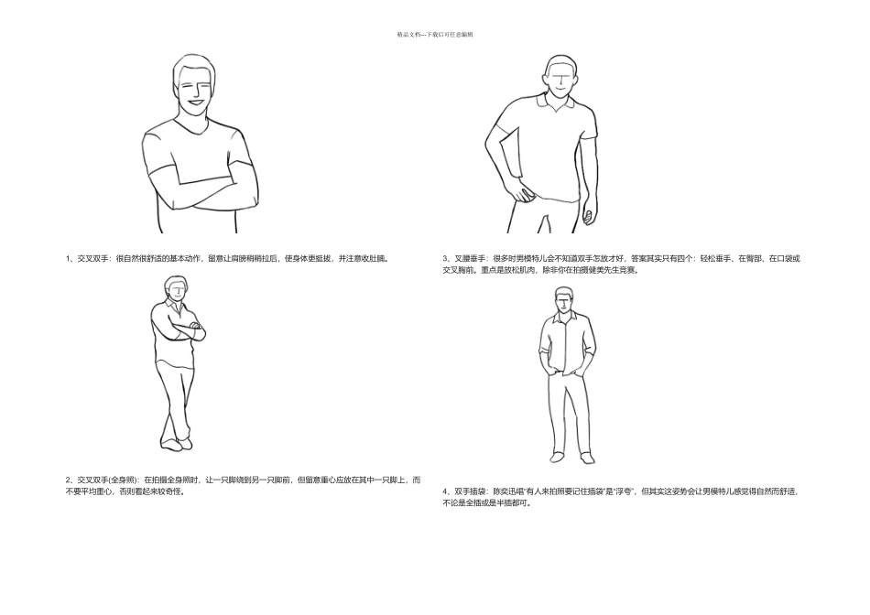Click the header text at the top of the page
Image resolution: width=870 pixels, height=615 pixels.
coord(435,35)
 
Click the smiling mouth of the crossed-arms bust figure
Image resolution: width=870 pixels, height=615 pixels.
coord(195,102)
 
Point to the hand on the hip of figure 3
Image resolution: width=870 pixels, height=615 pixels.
coord(524,194)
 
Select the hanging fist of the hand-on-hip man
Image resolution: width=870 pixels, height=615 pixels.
coord(588,216)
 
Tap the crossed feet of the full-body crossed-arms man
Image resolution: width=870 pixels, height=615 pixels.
coord(177,444)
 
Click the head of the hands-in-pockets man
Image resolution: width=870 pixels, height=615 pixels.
coord(564,299)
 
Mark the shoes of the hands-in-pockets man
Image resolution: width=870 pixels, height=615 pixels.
coord(572,458)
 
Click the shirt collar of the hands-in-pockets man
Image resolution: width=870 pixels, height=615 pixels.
coord(564,318)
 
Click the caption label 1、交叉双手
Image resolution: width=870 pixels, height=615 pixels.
coord(88,258)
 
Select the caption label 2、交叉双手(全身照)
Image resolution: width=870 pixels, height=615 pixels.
coord(102,480)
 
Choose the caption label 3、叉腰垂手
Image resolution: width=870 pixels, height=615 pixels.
coord(465,258)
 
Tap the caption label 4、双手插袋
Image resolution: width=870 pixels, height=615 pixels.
coord(465,491)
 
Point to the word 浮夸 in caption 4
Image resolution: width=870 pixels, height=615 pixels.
coord(624,491)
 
